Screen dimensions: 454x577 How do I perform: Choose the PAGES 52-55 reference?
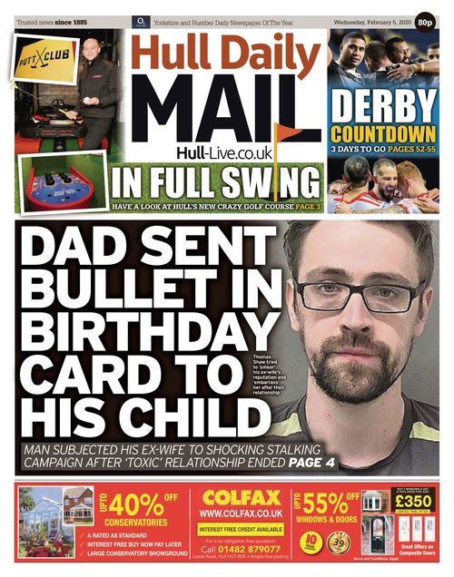click(x=408, y=148)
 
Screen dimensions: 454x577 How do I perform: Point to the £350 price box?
click(x=414, y=502)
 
